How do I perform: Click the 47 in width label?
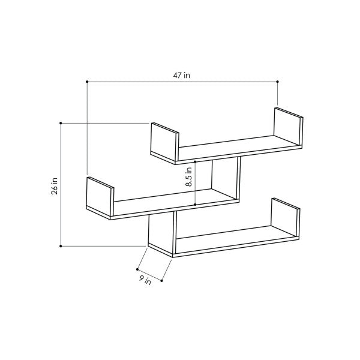183,75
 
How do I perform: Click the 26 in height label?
55,185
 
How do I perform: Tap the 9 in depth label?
145,280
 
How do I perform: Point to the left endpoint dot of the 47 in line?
88,82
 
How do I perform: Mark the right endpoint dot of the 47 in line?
278,82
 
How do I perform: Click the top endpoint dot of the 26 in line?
61,123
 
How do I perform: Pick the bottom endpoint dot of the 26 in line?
61,245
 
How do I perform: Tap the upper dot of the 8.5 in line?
195,161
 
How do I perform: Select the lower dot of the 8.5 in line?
195,205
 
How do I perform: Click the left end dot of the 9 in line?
137,269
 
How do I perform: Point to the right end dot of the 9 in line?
162,280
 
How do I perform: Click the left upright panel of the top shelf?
164,142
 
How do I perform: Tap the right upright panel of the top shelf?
287,127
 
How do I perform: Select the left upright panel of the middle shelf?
99,196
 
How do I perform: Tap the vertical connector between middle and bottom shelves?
161,231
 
